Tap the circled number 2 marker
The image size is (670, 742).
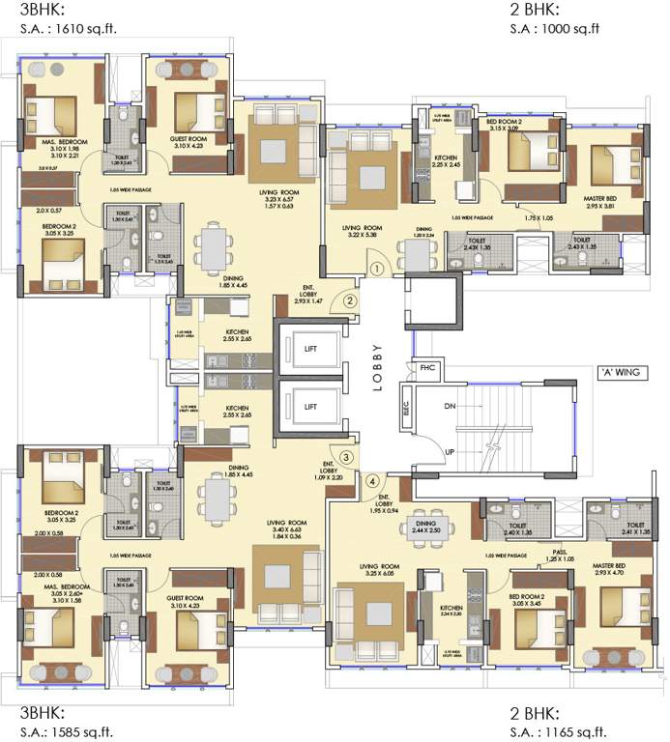(x=350, y=300)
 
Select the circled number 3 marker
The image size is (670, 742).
(x=345, y=457)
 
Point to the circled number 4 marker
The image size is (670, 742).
(x=373, y=480)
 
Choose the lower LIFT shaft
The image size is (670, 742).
(x=310, y=407)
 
